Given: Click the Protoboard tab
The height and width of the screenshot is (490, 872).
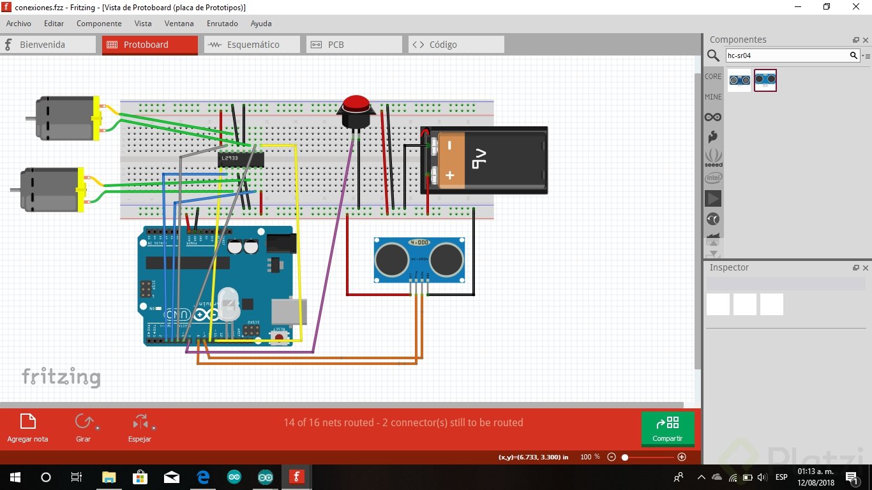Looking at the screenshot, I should (x=149, y=45).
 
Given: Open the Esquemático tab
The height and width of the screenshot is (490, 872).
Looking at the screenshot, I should (x=252, y=45).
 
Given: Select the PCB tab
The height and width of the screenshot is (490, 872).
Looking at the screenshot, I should (x=354, y=45).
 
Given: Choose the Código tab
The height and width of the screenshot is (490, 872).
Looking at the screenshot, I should (x=456, y=45).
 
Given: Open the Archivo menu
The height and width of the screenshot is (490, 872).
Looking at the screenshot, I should (x=19, y=24).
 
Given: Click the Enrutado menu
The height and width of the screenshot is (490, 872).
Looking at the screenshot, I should (x=222, y=24).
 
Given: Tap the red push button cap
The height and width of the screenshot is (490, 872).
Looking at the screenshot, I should (x=356, y=103).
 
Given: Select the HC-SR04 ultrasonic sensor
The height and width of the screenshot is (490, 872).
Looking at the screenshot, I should (x=419, y=259).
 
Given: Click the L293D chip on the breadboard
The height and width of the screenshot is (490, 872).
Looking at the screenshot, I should (x=241, y=158).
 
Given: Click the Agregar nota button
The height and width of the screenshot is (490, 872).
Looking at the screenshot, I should (x=27, y=427).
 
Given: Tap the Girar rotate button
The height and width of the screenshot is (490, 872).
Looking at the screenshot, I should (x=84, y=427).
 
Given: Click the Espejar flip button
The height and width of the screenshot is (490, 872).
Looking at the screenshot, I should (x=140, y=427).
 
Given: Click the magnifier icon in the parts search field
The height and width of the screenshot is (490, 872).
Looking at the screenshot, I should (x=853, y=56).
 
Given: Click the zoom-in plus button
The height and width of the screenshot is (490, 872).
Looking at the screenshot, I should (x=682, y=457).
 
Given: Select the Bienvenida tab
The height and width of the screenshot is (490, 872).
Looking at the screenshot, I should (x=42, y=45).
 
